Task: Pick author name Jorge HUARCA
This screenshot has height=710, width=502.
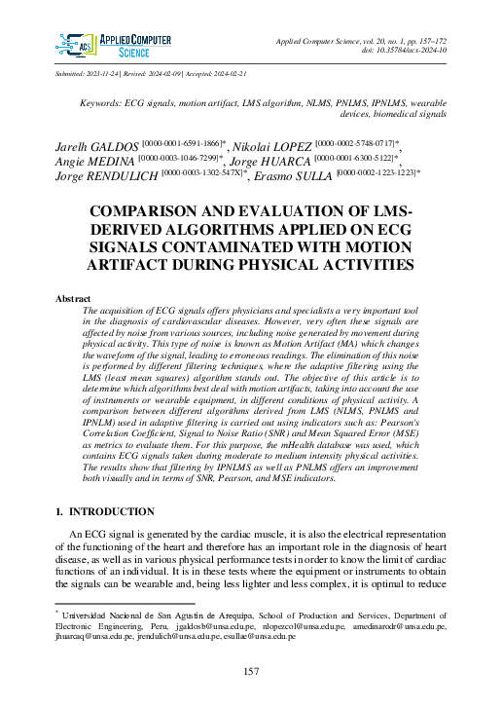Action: pos(278,161)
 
